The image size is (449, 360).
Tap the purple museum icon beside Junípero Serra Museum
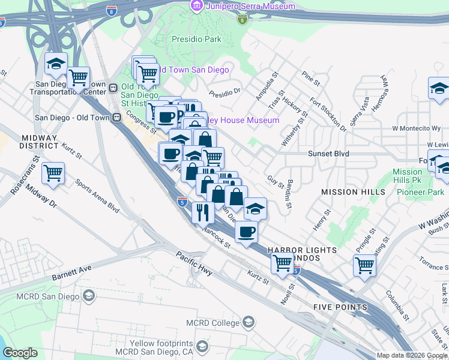click(x=196, y=6)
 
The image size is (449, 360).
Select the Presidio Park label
click(x=197, y=40)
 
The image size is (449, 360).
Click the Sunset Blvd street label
click(x=328, y=154)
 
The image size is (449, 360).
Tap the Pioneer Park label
click(x=420, y=192)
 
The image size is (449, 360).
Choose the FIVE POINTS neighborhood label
click(x=340, y=307)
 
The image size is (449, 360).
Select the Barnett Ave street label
click(x=71, y=272)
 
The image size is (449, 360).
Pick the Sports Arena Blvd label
click(x=97, y=196)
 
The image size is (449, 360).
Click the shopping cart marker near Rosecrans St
click(x=53, y=172)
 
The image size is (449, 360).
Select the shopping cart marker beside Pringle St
click(x=364, y=265)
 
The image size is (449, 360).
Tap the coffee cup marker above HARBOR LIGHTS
click(x=245, y=231)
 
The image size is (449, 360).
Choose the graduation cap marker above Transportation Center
click(x=56, y=63)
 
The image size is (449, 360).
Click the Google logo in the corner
click(x=20, y=353)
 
